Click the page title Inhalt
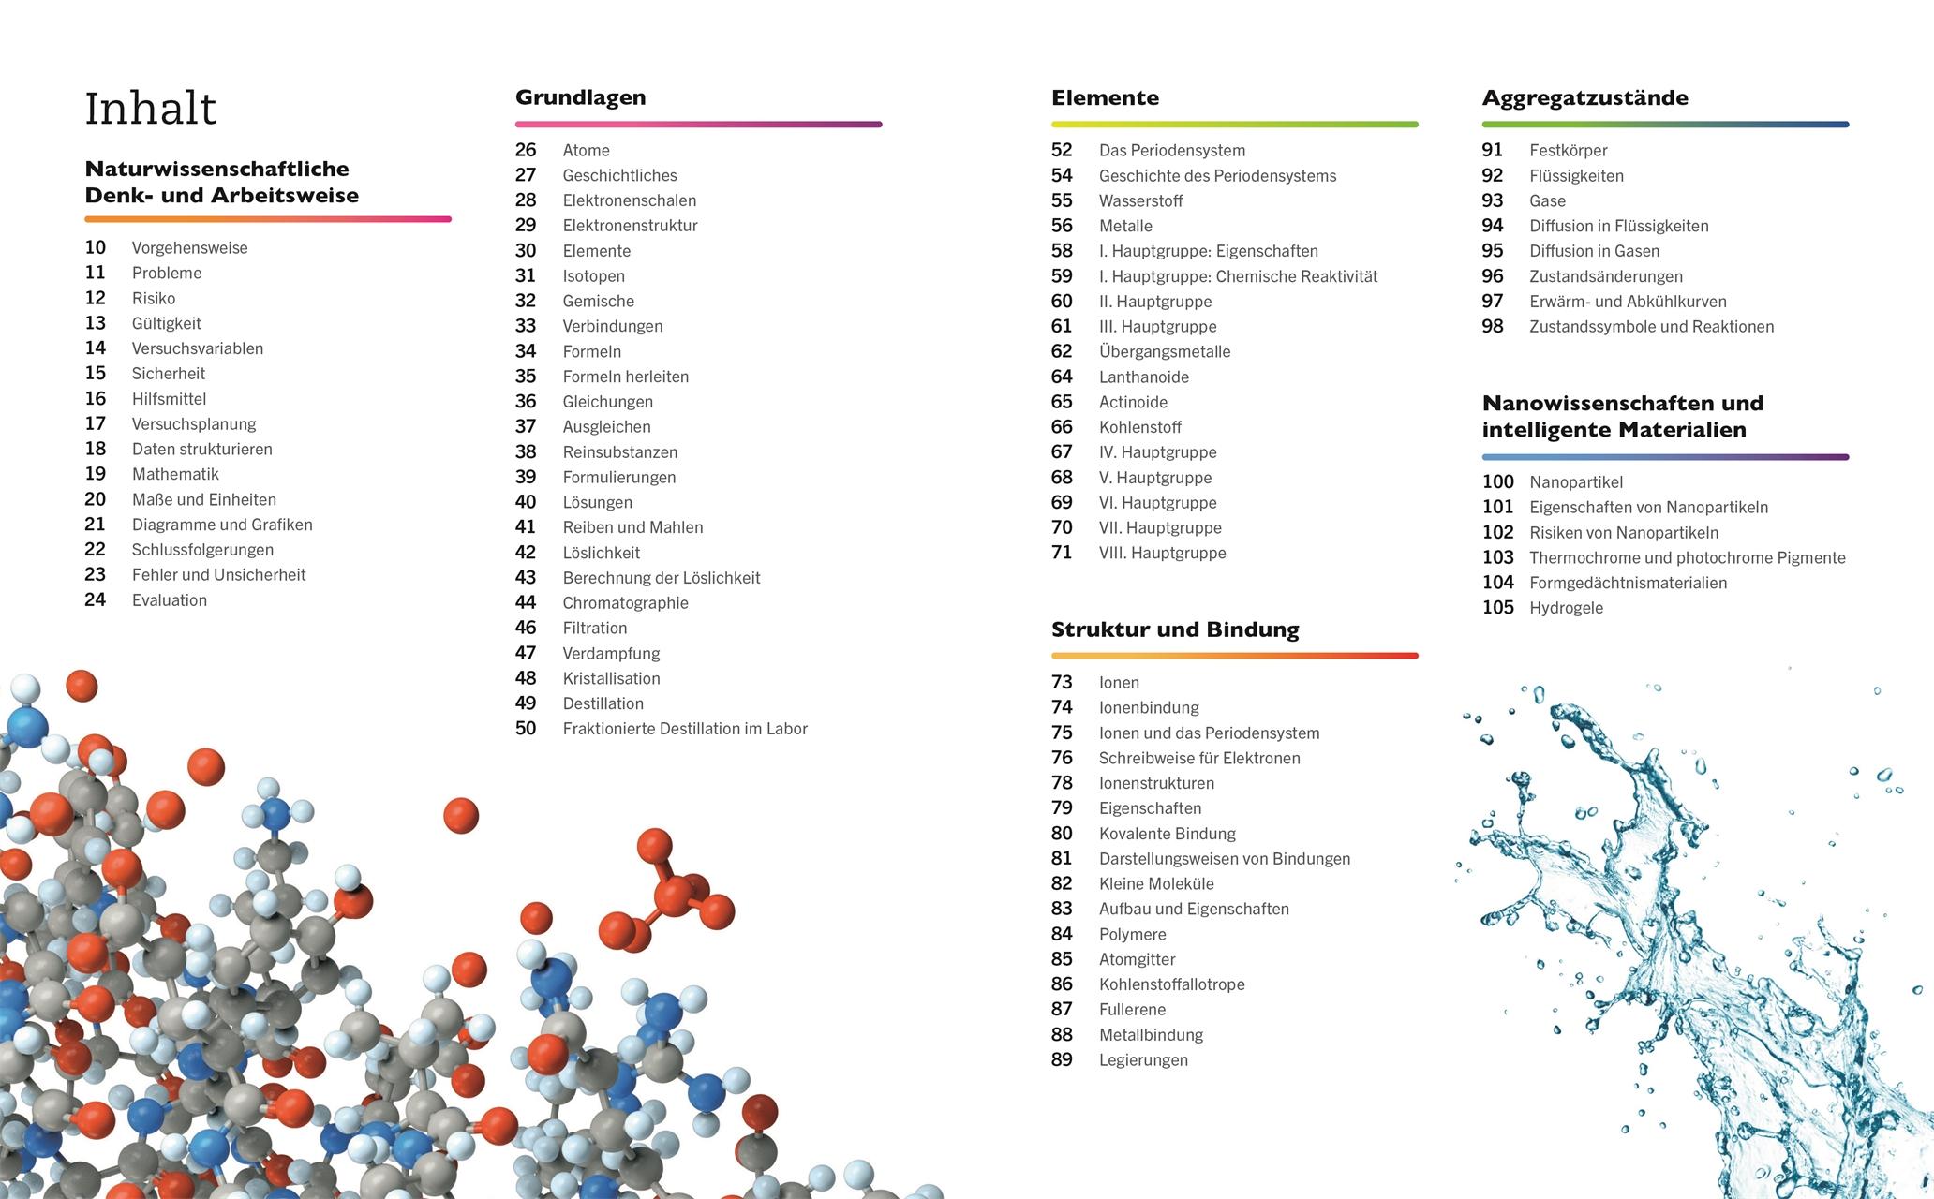150,109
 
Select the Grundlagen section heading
580,97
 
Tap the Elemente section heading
1105,97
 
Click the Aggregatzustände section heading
1584,97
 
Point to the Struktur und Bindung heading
1175,629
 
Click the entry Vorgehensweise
189,248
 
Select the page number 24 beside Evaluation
96,599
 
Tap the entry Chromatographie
625,603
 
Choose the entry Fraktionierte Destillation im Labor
684,729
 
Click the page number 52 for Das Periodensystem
1062,150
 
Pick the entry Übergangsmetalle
1165,351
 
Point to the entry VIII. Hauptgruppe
1162,553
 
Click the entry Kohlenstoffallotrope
1171,984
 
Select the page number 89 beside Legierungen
1062,1059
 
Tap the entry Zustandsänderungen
1605,276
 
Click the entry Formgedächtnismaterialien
1628,583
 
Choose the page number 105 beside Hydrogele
1497,608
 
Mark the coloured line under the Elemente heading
1234,124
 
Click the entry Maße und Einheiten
203,499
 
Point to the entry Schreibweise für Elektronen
1199,758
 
